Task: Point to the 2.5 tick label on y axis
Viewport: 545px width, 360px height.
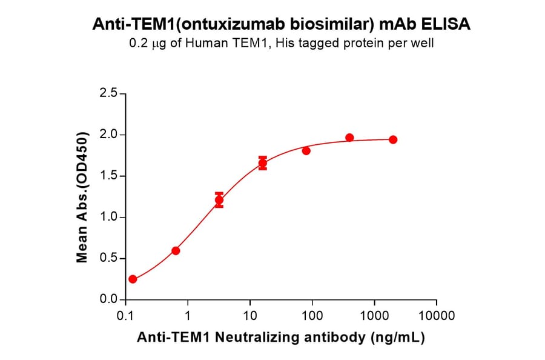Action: click(110, 94)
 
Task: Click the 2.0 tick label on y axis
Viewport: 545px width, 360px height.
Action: click(110, 135)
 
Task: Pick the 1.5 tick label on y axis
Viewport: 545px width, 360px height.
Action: click(110, 176)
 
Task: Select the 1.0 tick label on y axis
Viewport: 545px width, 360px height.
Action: click(110, 218)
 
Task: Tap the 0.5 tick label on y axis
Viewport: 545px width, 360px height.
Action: click(110, 259)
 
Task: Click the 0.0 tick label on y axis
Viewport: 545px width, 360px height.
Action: click(110, 300)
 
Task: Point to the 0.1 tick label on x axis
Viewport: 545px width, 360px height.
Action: click(125, 316)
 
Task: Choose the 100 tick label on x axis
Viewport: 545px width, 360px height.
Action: click(312, 316)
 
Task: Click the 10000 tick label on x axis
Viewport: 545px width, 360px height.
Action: click(436, 316)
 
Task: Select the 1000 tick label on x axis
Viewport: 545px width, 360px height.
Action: click(374, 316)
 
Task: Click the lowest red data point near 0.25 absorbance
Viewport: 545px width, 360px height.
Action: click(133, 279)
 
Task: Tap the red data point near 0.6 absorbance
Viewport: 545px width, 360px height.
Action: click(176, 250)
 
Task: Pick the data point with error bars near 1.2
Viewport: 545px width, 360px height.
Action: click(219, 200)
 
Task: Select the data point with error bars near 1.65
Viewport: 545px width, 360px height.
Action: click(263, 163)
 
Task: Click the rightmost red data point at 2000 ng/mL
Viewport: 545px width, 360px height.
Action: click(393, 139)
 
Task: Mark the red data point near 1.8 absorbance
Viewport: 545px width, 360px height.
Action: click(306, 151)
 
